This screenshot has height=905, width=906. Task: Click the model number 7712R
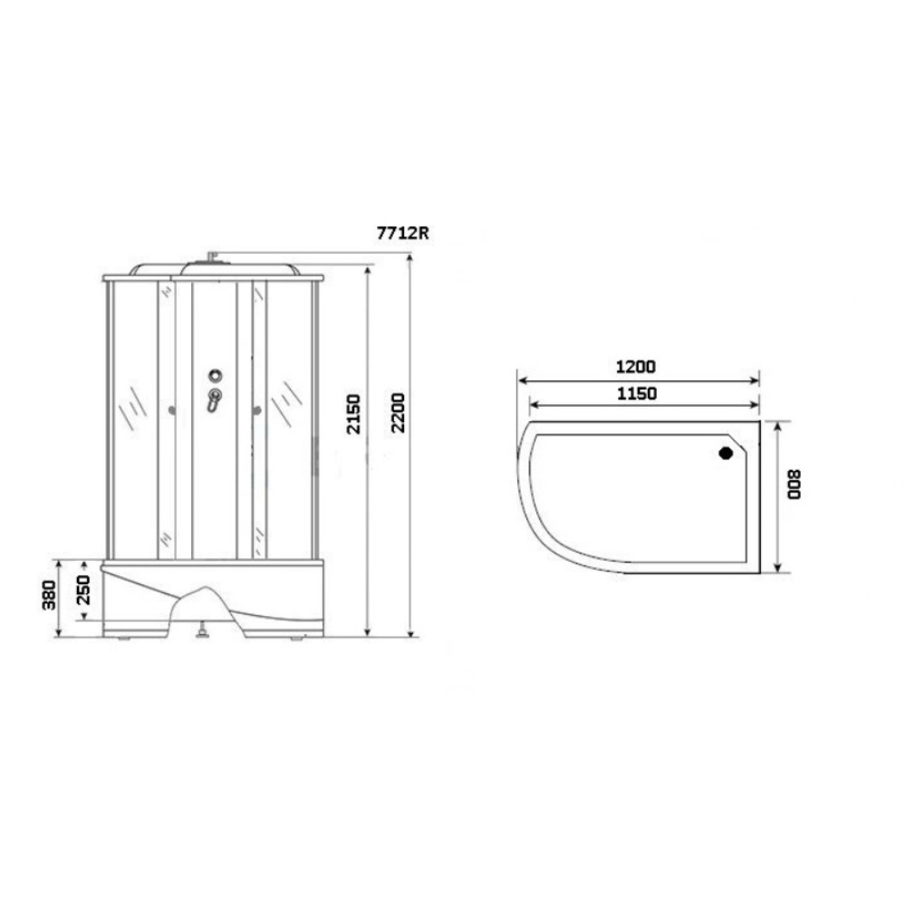tap(403, 233)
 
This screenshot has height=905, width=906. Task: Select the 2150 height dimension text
tap(353, 414)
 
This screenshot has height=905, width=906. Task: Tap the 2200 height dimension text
tap(398, 412)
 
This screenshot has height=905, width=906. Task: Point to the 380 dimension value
tap(49, 595)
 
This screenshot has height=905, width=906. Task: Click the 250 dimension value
tap(83, 590)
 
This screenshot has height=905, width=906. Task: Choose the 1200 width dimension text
tap(636, 366)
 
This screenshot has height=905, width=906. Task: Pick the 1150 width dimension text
tap(637, 393)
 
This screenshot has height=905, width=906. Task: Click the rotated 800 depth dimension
tap(795, 485)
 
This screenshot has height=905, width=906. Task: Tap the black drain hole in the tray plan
tap(726, 453)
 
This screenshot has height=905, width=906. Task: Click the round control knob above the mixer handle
tap(216, 376)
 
